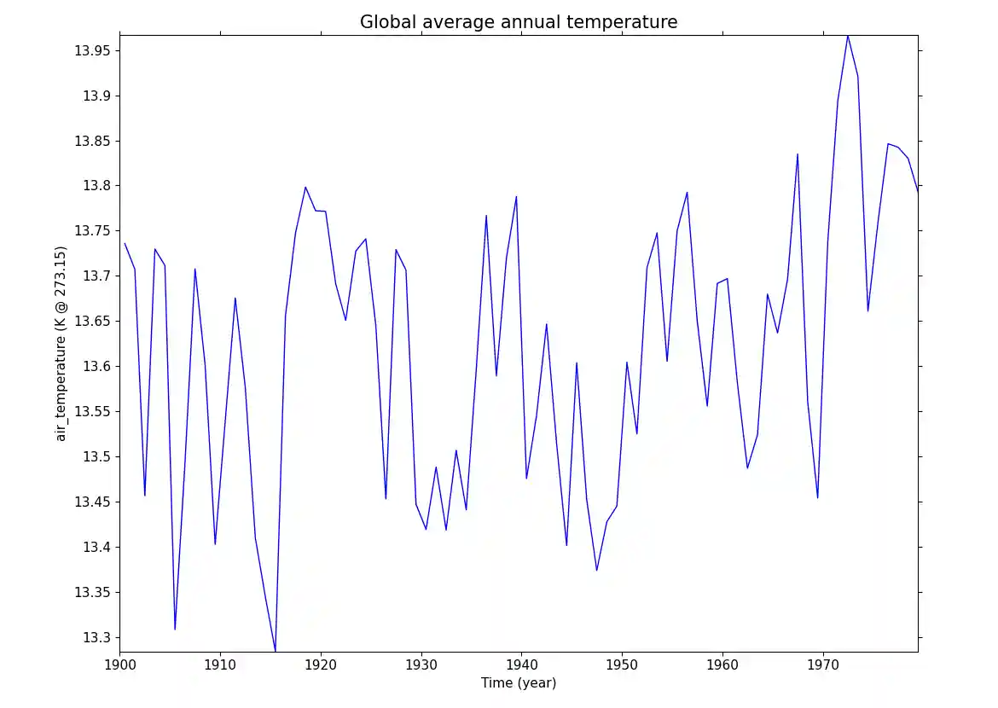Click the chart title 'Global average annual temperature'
pos(519,22)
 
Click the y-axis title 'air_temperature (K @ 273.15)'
pos(61,343)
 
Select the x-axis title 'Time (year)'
pos(519,682)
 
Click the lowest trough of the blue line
pos(276,652)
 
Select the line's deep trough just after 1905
pos(175,630)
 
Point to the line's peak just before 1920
pos(305,187)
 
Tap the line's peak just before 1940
pos(517,197)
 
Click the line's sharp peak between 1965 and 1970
pos(798,154)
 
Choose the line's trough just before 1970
pos(818,497)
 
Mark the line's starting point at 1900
pos(125,243)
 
